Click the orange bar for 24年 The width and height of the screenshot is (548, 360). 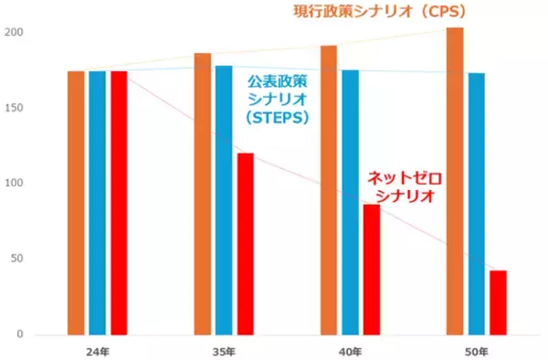[76, 203]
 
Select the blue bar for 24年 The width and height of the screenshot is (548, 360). [98, 203]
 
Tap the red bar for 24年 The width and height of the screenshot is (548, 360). [119, 203]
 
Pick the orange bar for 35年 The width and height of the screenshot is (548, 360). [202, 194]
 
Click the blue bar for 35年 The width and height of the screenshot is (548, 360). [224, 200]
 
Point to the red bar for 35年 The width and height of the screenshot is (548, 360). [245, 244]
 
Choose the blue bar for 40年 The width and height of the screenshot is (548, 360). [350, 202]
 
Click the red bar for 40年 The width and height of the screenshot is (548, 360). [371, 270]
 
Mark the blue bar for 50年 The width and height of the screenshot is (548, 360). [476, 204]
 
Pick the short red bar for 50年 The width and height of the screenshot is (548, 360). [498, 302]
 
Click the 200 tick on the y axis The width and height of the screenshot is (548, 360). [14, 33]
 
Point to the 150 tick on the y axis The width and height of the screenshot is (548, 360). [14, 109]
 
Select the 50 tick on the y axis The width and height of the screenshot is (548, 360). [16, 259]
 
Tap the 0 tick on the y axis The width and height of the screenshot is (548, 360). [20, 334]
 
